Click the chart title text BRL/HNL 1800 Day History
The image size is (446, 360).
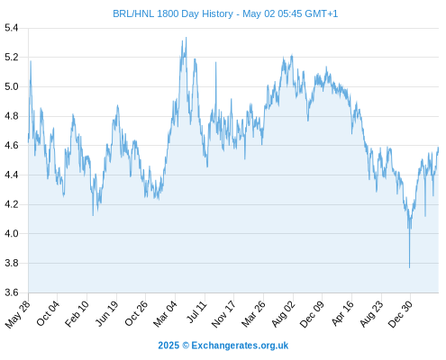pos(173,13)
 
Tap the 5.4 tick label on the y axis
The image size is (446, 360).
pos(12,28)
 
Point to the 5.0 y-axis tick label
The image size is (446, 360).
pos(12,86)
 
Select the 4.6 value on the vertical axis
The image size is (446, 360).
pos(12,146)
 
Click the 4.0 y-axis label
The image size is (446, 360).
pos(12,233)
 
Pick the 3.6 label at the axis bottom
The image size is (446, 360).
pos(12,292)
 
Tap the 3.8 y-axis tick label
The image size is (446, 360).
pos(12,263)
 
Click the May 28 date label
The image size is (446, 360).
pos(18,314)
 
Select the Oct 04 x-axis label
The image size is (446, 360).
pos(48,313)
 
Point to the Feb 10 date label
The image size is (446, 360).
pos(77,314)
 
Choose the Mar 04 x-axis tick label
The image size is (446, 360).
pos(166,314)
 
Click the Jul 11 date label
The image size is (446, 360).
pos(196,312)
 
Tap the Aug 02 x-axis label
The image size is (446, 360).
pos(284,314)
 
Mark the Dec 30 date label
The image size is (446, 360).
pos(401,314)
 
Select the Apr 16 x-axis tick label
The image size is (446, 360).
pos(342,313)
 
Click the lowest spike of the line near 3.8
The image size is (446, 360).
pos(409,267)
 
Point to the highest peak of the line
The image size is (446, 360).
pos(187,38)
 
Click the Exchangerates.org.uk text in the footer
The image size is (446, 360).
pos(240,346)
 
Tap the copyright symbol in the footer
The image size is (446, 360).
pos(186,346)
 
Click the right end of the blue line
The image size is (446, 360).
pos(438,148)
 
